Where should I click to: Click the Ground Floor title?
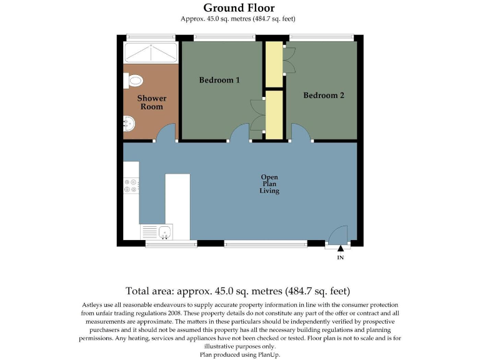(x=239, y=8)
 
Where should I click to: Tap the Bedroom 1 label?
(x=219, y=80)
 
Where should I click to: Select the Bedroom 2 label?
(x=324, y=96)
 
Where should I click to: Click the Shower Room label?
(x=152, y=102)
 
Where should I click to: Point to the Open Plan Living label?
(x=269, y=184)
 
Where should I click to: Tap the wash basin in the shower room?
(x=129, y=123)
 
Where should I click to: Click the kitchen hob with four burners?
(x=131, y=185)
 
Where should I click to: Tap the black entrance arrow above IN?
(x=340, y=249)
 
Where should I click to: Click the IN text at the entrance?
(x=341, y=257)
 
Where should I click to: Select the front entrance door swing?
(x=338, y=234)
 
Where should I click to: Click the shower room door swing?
(x=166, y=133)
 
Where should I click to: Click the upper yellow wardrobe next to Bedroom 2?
(x=274, y=65)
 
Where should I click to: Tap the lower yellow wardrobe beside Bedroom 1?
(x=274, y=114)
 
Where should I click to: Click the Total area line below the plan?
(x=237, y=291)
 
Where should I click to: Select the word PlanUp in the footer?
(x=269, y=354)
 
